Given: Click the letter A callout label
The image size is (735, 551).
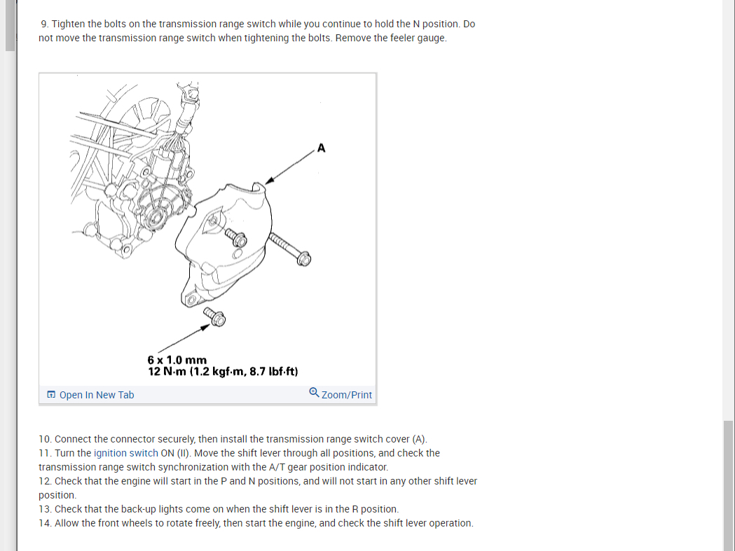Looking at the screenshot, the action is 321,148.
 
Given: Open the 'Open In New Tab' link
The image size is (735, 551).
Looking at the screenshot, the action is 97,395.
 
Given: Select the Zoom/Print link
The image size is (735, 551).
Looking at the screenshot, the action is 346,395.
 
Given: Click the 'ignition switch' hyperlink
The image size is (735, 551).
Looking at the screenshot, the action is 125,453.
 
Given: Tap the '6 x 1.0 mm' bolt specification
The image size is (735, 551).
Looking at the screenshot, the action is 177,360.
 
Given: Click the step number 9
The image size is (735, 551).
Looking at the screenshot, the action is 45,24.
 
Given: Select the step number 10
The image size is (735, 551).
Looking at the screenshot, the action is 45,439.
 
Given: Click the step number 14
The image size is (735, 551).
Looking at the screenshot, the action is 45,523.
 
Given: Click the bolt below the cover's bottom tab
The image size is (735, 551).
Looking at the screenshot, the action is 214,316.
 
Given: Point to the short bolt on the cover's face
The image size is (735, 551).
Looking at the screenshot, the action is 235,237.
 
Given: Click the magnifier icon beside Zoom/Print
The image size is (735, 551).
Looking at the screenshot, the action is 314,393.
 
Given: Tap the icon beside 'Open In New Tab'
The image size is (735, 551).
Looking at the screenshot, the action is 51,394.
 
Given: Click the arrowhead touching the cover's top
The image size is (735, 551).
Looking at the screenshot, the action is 269,181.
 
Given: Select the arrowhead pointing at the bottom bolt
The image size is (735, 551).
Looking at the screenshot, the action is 205,328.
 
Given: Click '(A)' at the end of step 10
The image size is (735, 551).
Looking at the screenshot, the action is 420,439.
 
